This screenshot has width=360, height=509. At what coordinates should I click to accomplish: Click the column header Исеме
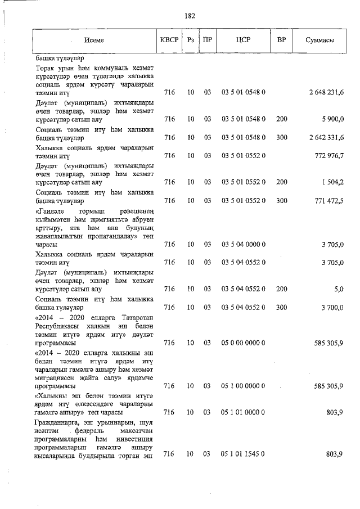94,40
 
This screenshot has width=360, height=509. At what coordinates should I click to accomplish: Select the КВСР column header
169,40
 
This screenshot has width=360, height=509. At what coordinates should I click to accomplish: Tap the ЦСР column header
243,40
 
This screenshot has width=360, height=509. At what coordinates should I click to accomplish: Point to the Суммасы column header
320,40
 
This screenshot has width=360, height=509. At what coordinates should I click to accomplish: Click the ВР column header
282,40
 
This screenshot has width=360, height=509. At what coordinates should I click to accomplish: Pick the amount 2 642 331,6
326,137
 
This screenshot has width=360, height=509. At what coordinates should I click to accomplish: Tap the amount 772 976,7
330,155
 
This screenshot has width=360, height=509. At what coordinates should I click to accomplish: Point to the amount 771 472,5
330,200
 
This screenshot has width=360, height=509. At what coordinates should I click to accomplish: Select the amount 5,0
339,289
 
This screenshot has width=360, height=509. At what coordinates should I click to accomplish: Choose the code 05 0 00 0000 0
243,343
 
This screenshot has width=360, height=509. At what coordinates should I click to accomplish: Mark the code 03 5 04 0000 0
243,244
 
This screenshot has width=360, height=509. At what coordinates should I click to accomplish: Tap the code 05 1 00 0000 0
243,386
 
